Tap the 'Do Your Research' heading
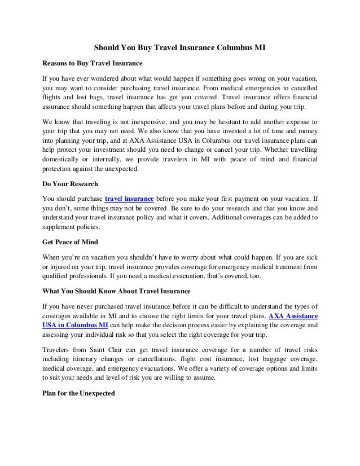point(71,184)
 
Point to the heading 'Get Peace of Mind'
point(71,242)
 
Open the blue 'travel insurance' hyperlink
point(129,199)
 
